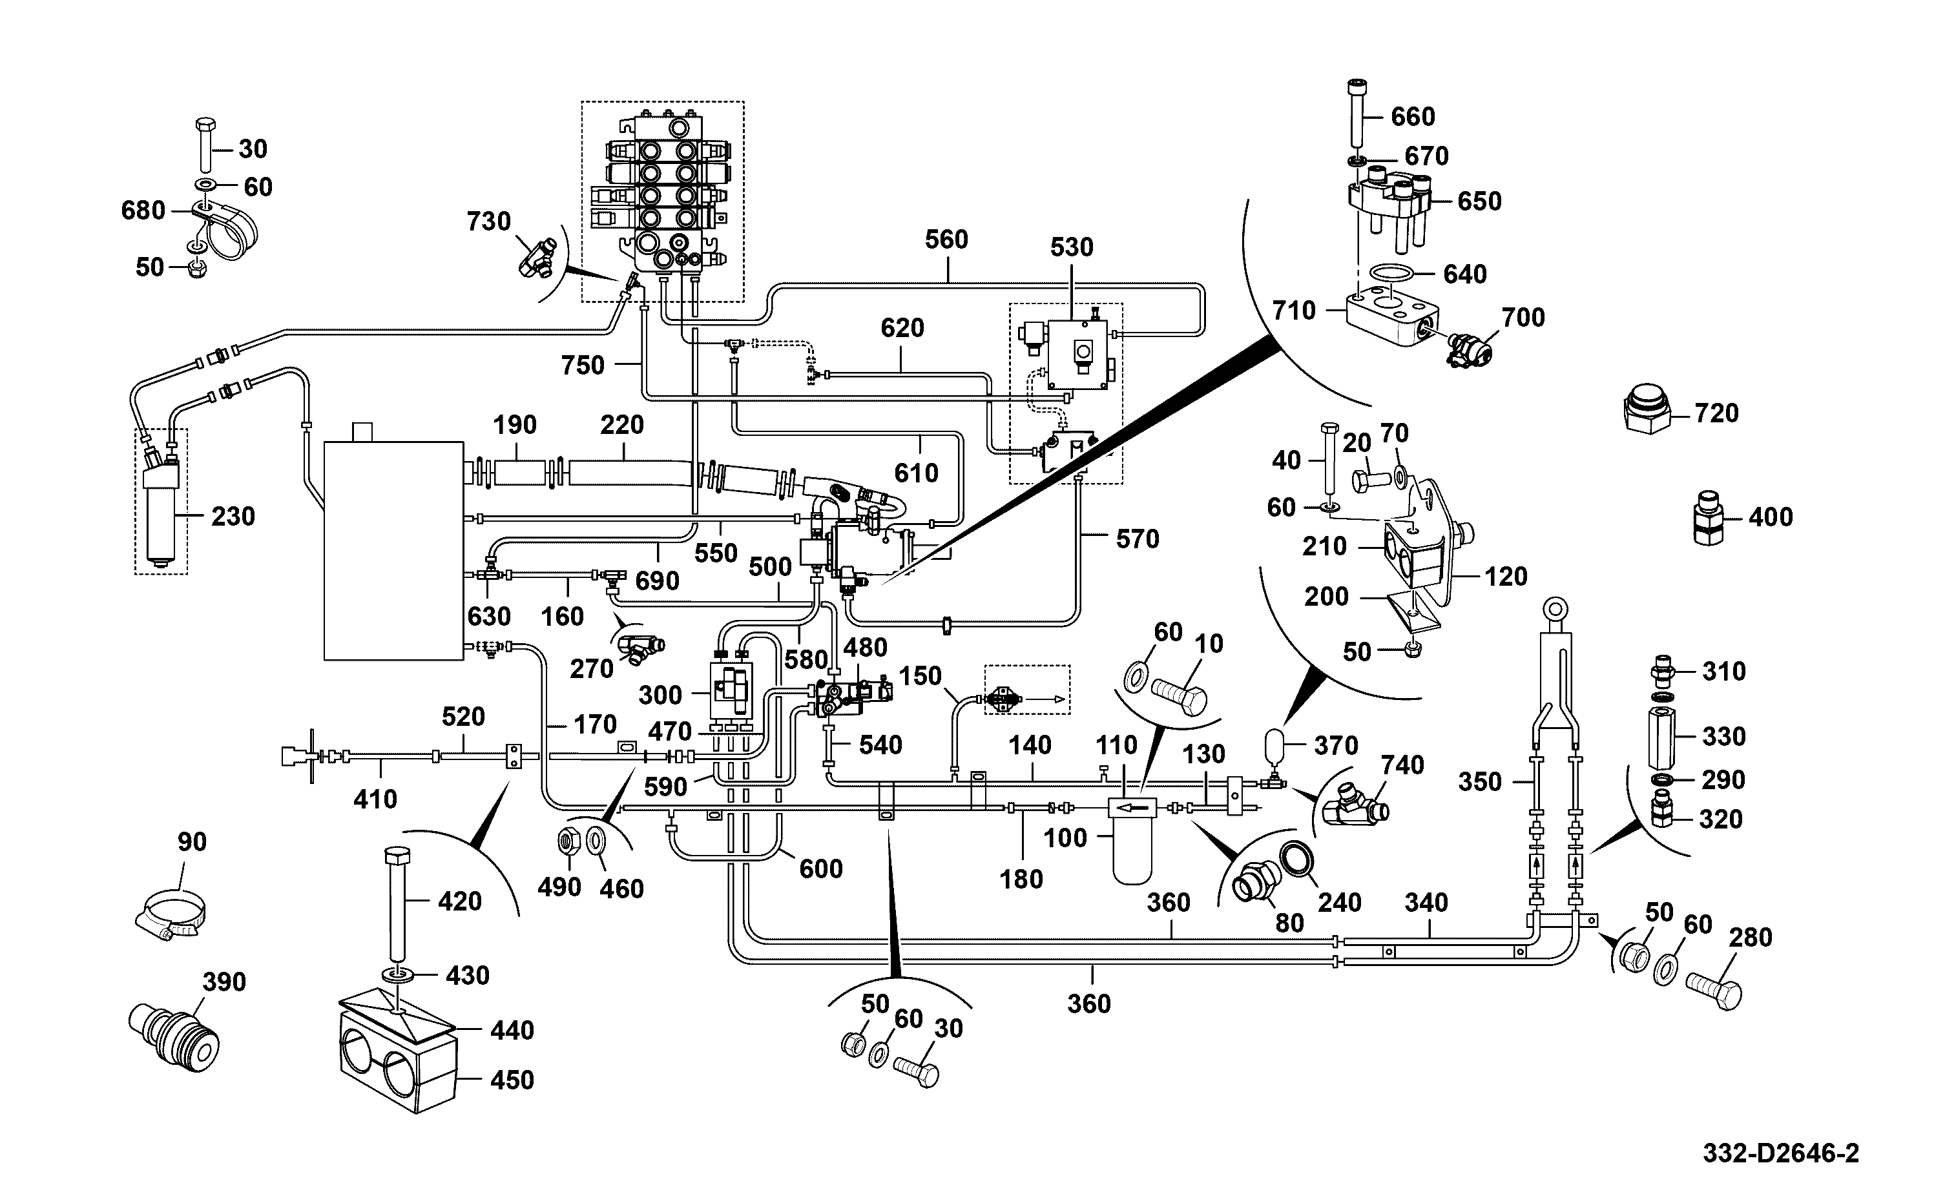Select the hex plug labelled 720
1647,409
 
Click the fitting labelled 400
1709,517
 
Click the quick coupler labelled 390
174,1034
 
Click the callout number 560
946,240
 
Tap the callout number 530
1072,247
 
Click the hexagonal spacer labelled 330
1661,737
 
